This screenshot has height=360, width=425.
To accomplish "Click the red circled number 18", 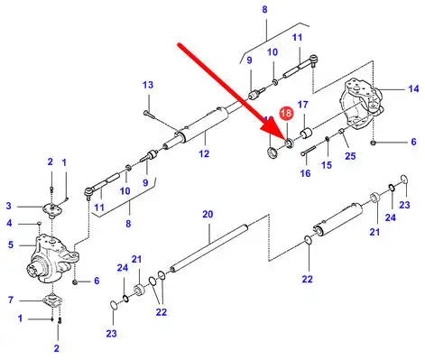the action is click(x=286, y=113).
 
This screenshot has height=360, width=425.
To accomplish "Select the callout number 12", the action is click(x=204, y=153).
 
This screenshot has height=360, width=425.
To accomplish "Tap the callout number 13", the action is click(x=148, y=85).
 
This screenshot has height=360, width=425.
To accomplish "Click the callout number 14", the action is click(x=413, y=89).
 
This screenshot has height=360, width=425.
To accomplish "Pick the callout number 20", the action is click(x=208, y=215).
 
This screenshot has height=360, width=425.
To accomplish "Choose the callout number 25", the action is click(x=350, y=156).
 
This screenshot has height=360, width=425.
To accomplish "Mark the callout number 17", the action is click(x=302, y=105).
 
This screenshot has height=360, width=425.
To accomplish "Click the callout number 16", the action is click(x=305, y=173).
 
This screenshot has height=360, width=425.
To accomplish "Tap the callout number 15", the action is click(x=327, y=165).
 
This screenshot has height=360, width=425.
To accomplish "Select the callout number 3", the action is click(x=9, y=206).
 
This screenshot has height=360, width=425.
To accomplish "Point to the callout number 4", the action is click(x=9, y=224).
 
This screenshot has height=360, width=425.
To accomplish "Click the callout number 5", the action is click(x=11, y=245).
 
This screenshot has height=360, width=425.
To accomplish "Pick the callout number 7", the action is click(x=11, y=300).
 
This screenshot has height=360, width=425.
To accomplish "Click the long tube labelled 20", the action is click(x=209, y=246).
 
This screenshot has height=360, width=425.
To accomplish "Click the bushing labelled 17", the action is click(x=306, y=134).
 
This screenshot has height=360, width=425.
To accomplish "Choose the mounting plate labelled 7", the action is click(x=52, y=300).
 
